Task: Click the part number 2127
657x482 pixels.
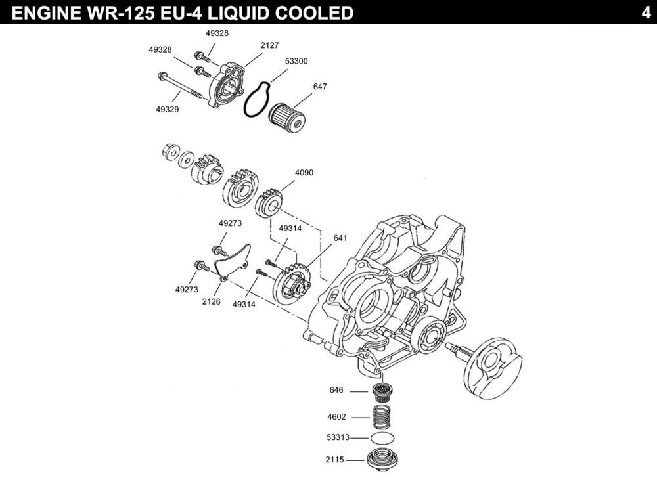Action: pos(269,45)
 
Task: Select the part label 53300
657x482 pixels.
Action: pos(296,61)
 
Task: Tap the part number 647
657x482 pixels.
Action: pos(320,86)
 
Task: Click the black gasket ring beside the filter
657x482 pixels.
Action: pos(256,100)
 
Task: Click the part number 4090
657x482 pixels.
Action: pos(304,173)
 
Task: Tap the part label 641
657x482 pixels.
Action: pos(340,238)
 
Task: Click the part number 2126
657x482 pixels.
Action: pos(212,302)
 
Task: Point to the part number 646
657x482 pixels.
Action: pos(336,390)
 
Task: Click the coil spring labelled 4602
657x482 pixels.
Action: pos(383,417)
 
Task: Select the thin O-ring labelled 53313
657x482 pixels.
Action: pos(383,438)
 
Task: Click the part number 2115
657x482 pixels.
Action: pos(334,460)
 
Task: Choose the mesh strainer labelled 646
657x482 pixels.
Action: pos(382,393)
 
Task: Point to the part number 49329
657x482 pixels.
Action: pos(167,110)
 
